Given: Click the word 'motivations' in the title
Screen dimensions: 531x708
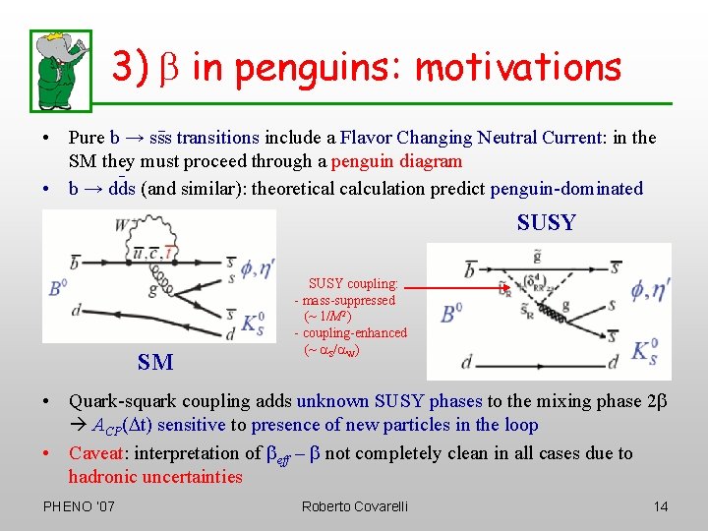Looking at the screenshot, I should tap(518, 67).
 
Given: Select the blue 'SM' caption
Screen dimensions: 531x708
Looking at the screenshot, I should tap(155, 363).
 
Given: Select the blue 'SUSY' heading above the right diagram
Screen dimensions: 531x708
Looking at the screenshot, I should tap(546, 223).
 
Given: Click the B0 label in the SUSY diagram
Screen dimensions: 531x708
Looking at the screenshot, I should tap(451, 314).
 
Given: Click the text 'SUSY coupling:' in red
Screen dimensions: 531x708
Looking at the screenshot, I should tap(353, 283).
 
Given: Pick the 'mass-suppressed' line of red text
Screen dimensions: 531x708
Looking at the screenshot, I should tap(347, 300).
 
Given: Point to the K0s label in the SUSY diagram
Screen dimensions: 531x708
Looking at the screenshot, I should tap(645, 350).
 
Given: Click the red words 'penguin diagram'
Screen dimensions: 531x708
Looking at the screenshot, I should tap(396, 161).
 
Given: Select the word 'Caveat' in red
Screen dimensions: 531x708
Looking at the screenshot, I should tap(97, 453).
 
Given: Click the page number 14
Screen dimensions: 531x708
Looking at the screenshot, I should tap(660, 506).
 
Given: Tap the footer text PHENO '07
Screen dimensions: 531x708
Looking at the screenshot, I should tap(79, 506).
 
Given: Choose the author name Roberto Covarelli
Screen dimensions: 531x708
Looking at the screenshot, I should tap(354, 506).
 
